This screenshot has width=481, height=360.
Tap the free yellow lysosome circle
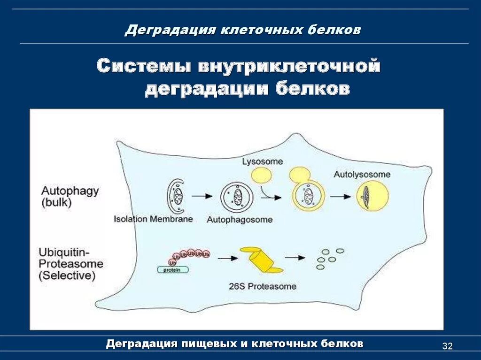tap(262, 176)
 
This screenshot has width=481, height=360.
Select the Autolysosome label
tap(362, 174)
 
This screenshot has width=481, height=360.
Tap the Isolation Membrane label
tap(153, 219)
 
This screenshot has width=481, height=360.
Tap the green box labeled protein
tap(172, 270)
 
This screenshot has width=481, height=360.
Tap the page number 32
tap(447, 346)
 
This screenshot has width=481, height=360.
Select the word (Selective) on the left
tap(67, 276)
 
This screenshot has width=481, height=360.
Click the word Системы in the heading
tap(144, 66)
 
